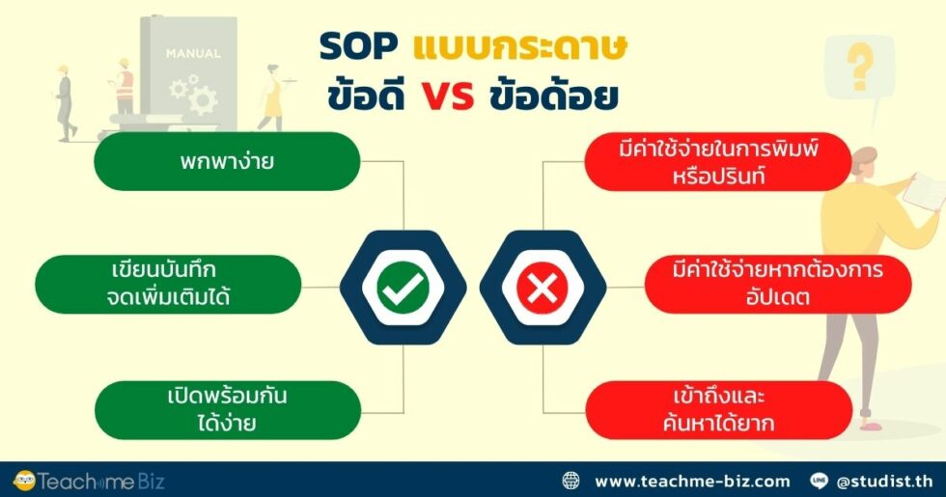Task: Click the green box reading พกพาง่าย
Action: pyautogui.click(x=226, y=161)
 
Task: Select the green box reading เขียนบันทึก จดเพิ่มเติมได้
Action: pyautogui.click(x=168, y=284)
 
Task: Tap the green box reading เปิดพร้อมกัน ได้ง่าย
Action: pyautogui.click(x=226, y=409)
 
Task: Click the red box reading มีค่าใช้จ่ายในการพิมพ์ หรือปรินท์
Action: pyautogui.click(x=718, y=161)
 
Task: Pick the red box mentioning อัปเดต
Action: pyautogui.click(x=777, y=284)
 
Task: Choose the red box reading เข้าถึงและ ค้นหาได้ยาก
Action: pyautogui.click(x=718, y=409)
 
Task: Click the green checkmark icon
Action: pyautogui.click(x=403, y=287)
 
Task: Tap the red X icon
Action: pyautogui.click(x=543, y=287)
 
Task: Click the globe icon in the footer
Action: pyautogui.click(x=571, y=480)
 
